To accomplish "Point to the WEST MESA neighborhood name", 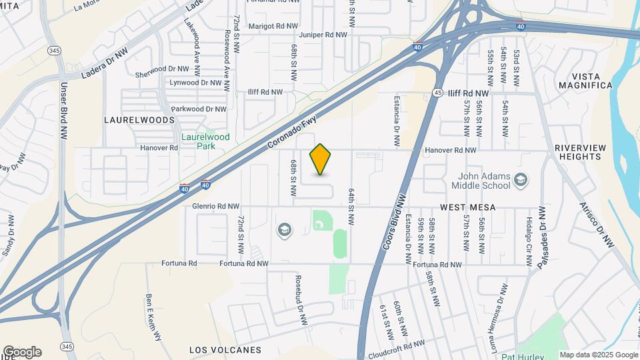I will click(x=467, y=207).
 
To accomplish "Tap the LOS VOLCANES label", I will click(x=225, y=350).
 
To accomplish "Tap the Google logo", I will click(x=21, y=352).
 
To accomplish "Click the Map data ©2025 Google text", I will click(x=598, y=355).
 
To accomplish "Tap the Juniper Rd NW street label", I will click(x=323, y=35).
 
